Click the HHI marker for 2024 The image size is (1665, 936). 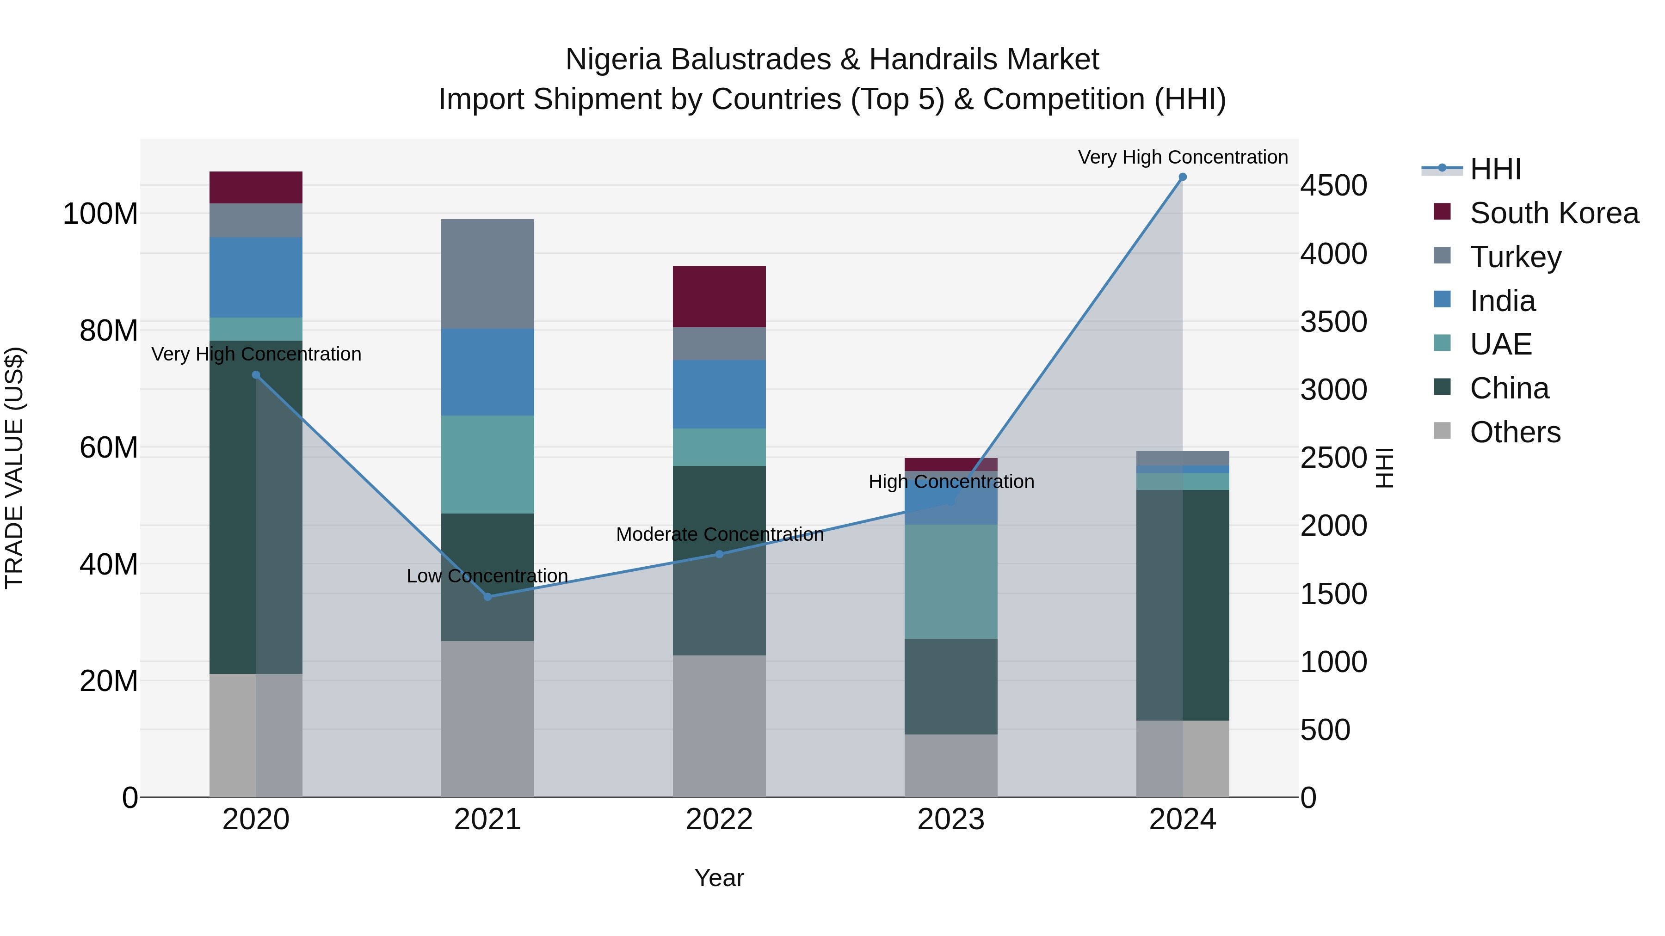(x=1182, y=177)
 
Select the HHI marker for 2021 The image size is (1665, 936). (x=487, y=596)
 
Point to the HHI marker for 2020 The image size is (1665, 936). (x=256, y=375)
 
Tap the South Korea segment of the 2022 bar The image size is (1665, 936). (x=719, y=296)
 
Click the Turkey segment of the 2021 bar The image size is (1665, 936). (x=487, y=274)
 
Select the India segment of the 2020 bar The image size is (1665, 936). (x=256, y=277)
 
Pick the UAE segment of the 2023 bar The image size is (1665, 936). (x=951, y=581)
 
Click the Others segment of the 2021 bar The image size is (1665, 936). (x=487, y=718)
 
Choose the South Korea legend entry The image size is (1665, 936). (x=1554, y=213)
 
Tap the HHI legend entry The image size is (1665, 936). (x=1494, y=169)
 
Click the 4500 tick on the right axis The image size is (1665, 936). (x=1333, y=186)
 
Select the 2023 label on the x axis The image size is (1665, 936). (x=951, y=820)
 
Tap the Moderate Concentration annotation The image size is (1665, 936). (x=719, y=534)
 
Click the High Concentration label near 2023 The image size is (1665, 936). (x=951, y=482)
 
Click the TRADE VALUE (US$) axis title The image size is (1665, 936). (x=15, y=468)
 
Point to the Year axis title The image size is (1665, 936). (x=719, y=878)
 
